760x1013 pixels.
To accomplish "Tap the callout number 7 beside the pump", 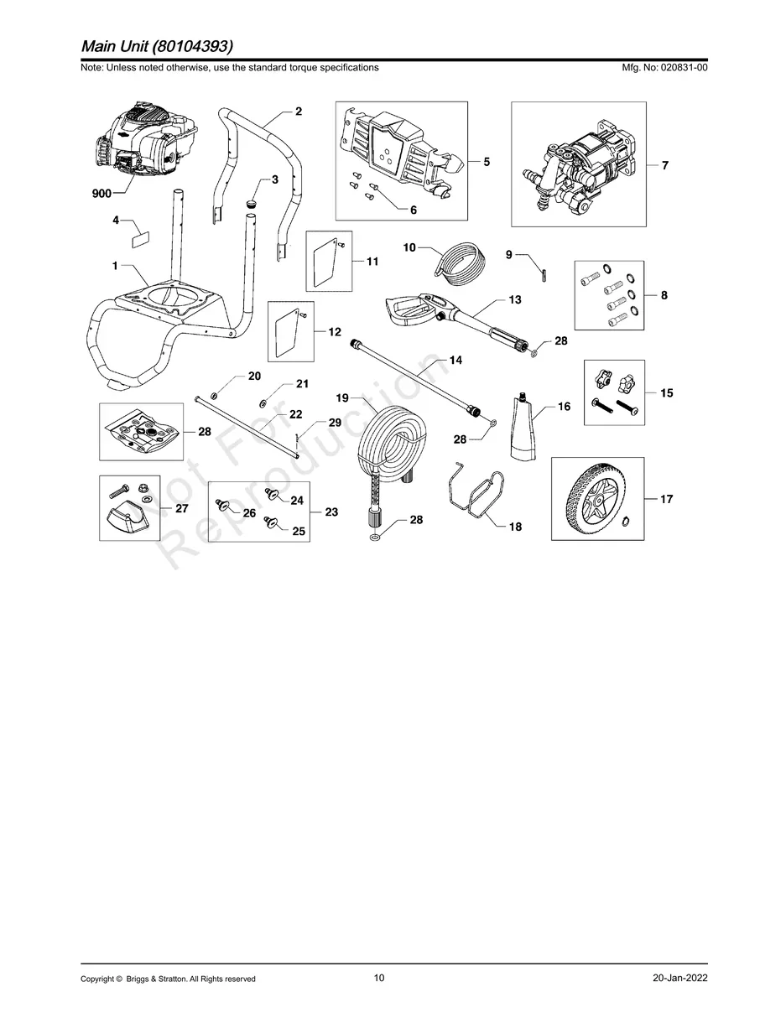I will pyautogui.click(x=664, y=166).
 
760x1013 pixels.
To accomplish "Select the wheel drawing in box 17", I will pyautogui.click(x=596, y=500).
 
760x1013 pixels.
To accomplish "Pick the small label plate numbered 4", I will pyautogui.click(x=138, y=236).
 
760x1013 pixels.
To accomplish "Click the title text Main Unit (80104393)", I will pyautogui.click(x=158, y=45).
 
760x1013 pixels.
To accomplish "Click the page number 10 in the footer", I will pyautogui.click(x=379, y=978).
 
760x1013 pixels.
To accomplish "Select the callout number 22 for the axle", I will pyautogui.click(x=295, y=414).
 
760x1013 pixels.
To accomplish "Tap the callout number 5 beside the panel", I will pyautogui.click(x=487, y=162).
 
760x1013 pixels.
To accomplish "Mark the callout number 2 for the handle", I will pyautogui.click(x=299, y=111).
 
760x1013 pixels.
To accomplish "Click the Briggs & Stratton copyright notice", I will pyautogui.click(x=168, y=979).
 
